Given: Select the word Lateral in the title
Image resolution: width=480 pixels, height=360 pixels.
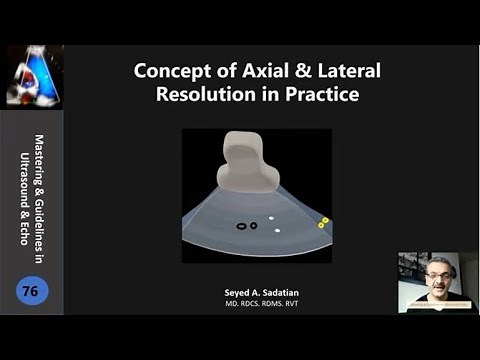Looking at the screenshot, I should coord(335,73).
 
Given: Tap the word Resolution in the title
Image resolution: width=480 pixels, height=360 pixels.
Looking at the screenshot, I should coord(203,96).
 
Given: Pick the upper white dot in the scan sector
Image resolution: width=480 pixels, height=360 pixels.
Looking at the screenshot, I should coord(271,216).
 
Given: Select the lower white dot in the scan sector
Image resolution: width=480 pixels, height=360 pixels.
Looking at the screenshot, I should coord(277,230).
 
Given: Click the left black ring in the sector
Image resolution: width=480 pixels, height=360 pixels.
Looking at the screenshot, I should coord(241,225).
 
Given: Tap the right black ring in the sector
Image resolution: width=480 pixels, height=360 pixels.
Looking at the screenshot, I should coord(253,225).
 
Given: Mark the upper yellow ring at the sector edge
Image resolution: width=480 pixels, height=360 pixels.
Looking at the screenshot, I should coord(325,219).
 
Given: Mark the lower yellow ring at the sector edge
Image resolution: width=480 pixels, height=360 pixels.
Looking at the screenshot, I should coord(320,225).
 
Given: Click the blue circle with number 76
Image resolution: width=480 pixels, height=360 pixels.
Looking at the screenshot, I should coord(32,291).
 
